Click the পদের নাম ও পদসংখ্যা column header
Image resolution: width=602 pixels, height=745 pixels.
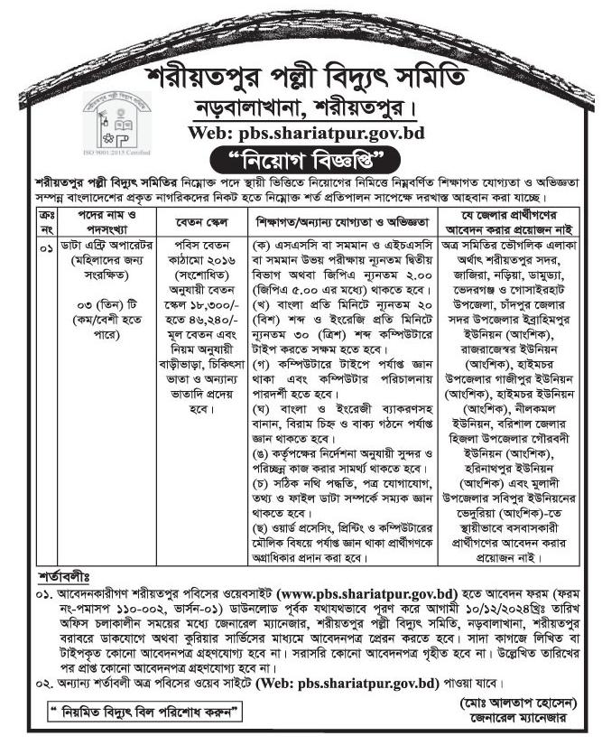click(99, 221)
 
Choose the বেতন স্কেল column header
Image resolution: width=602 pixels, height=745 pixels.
click(192, 221)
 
